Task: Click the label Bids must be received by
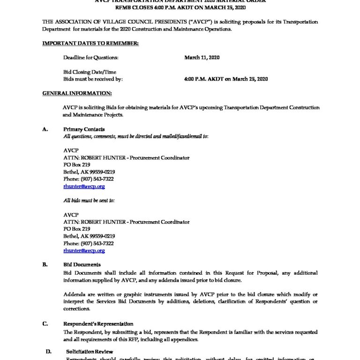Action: tap(92, 79)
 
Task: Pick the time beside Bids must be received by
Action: tap(226, 79)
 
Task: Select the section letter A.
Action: tap(45, 129)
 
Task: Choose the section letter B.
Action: tap(45, 265)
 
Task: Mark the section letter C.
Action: tap(45, 323)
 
